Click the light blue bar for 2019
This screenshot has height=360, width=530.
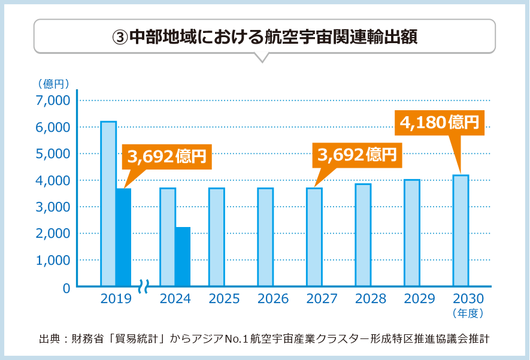[x=108, y=204]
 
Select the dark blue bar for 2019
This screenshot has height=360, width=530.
[x=123, y=237]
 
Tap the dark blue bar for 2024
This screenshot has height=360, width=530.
[x=183, y=256]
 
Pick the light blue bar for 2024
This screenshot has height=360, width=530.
[x=168, y=237]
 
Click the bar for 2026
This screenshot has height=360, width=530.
[x=265, y=237]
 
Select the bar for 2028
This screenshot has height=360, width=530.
[x=363, y=235]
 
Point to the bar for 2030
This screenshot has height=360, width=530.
[x=460, y=231]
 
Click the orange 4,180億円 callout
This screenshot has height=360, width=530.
[x=440, y=123]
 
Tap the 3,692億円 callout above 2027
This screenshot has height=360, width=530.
[x=358, y=155]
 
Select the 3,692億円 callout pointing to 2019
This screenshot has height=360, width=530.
[x=166, y=157]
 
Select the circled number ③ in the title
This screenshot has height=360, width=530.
[x=120, y=35]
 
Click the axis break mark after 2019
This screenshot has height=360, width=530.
[x=144, y=286]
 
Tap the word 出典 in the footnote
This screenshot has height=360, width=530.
[x=48, y=338]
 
